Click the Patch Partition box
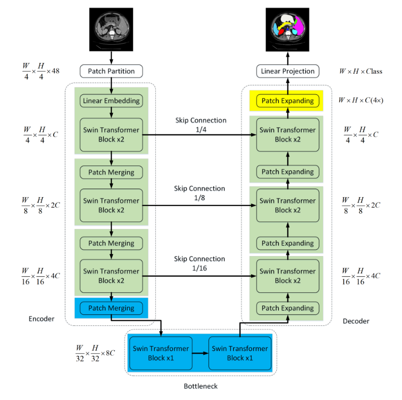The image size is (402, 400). point(111,71)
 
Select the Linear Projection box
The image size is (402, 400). point(287,71)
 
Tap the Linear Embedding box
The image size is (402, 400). point(111,101)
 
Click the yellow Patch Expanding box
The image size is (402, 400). point(287,101)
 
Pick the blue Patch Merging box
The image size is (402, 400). point(111,308)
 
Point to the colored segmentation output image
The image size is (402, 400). point(287,29)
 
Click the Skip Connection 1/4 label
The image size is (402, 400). point(201,124)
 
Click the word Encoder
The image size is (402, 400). point(41,319)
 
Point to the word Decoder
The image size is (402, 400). point(356,321)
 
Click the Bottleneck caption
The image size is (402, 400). point(201,386)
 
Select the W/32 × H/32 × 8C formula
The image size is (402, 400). point(95,353)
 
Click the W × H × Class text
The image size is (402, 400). point(360,71)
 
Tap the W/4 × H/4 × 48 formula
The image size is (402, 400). point(41,71)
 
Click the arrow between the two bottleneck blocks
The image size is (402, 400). point(200,353)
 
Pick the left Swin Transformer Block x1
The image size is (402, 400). point(161,353)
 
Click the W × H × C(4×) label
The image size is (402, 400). point(361,100)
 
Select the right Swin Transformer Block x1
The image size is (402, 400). point(240,353)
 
